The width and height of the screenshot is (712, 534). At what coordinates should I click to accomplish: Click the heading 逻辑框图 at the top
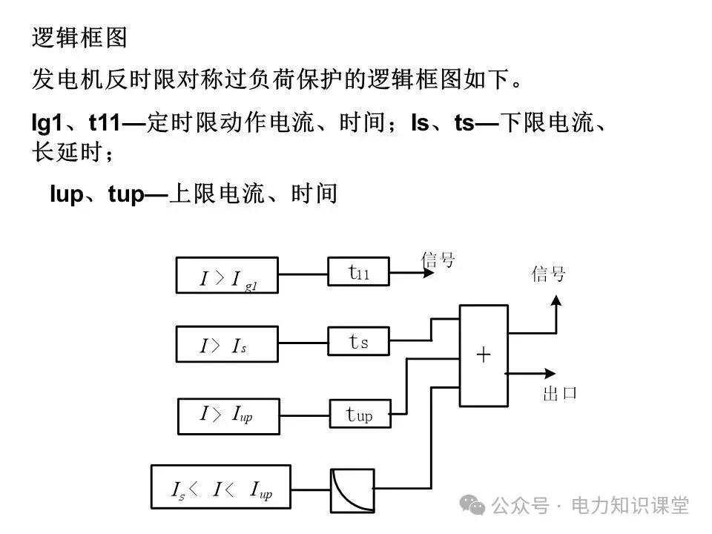coord(79,38)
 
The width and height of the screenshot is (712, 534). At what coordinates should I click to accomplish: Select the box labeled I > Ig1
coord(227,275)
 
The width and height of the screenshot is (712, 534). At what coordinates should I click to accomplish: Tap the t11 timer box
coord(359,271)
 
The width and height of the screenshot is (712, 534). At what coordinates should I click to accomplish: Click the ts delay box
coord(359,342)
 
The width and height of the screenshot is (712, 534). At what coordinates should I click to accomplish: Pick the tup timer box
coord(360,414)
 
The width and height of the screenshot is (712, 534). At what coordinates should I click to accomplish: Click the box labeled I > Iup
coord(227,415)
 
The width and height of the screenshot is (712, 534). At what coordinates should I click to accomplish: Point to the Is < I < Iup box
coord(220,488)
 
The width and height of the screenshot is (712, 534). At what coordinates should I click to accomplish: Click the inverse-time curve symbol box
coord(353,489)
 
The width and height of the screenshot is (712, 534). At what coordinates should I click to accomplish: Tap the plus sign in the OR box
coord(483,355)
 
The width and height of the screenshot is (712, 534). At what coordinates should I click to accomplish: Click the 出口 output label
coord(559,393)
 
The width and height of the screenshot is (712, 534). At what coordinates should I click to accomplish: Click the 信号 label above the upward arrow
coord(549,274)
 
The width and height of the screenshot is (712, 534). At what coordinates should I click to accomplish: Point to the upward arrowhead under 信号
coord(556,300)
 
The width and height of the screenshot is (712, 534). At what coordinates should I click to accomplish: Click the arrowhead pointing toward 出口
coord(550,373)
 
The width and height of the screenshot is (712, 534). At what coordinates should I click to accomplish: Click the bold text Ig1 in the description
coord(46,123)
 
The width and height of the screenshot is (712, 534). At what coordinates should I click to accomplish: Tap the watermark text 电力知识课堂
coord(630,506)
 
